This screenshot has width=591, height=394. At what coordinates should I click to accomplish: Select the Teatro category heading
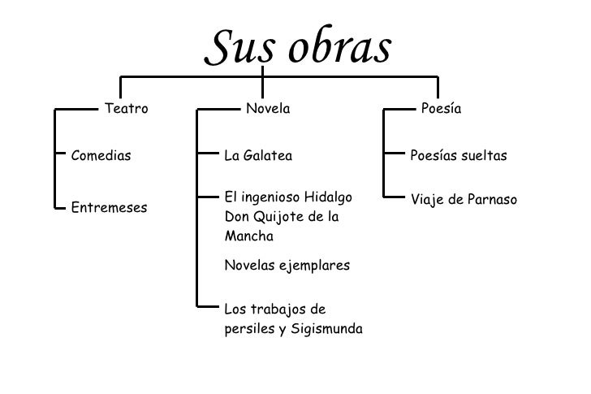point(127,108)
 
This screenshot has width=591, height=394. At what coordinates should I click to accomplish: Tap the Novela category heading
point(268,108)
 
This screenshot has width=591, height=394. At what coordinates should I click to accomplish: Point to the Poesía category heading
point(441,108)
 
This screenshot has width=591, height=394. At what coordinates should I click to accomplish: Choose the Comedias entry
point(101,155)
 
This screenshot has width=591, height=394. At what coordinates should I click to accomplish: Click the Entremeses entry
point(110,207)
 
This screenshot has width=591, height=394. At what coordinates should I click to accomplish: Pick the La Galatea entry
point(257,155)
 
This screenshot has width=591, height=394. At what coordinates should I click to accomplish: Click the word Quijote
point(274,217)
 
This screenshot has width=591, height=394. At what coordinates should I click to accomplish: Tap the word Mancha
point(248,236)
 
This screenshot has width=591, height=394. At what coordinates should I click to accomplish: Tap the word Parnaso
point(490,199)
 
